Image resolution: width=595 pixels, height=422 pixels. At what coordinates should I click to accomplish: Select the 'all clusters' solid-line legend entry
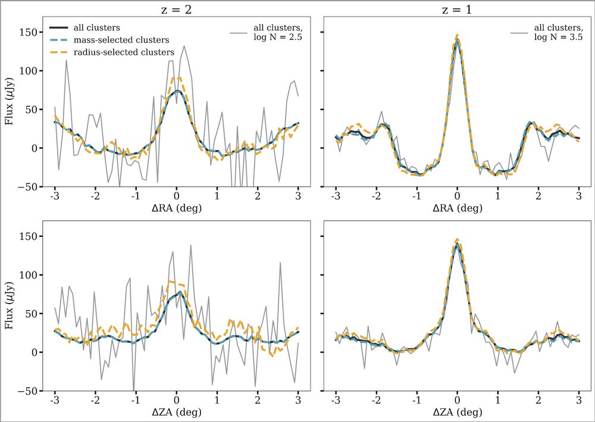pos(101,27)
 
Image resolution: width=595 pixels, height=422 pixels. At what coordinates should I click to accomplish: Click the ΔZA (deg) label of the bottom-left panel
pos(176,412)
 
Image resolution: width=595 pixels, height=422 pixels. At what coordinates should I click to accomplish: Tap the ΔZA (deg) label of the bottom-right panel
pos(457,412)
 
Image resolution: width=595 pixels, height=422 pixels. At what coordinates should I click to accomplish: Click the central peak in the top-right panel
pos(457,38)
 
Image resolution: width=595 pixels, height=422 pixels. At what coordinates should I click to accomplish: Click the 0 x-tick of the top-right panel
pos(457,196)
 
